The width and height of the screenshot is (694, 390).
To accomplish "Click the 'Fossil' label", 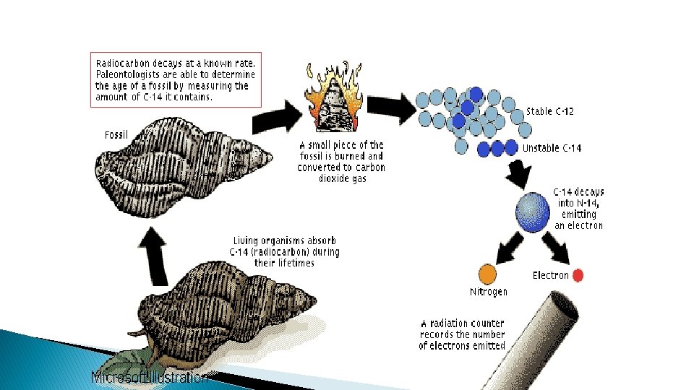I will [116, 135].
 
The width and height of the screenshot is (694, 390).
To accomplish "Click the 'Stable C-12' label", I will [549, 111].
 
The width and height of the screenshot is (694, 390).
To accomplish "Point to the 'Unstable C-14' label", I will [552, 148].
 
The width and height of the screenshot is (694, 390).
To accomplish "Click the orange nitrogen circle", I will [488, 274].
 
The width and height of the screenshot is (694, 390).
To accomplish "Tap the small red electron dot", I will [578, 275].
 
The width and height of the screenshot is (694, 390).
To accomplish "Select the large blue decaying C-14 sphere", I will [533, 211].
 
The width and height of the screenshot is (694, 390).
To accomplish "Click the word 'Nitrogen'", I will [489, 292].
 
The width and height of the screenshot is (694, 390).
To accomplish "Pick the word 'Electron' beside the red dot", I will [550, 275].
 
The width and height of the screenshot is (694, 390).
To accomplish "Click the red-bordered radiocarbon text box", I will [176, 79].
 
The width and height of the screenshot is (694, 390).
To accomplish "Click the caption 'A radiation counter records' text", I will [463, 334].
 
